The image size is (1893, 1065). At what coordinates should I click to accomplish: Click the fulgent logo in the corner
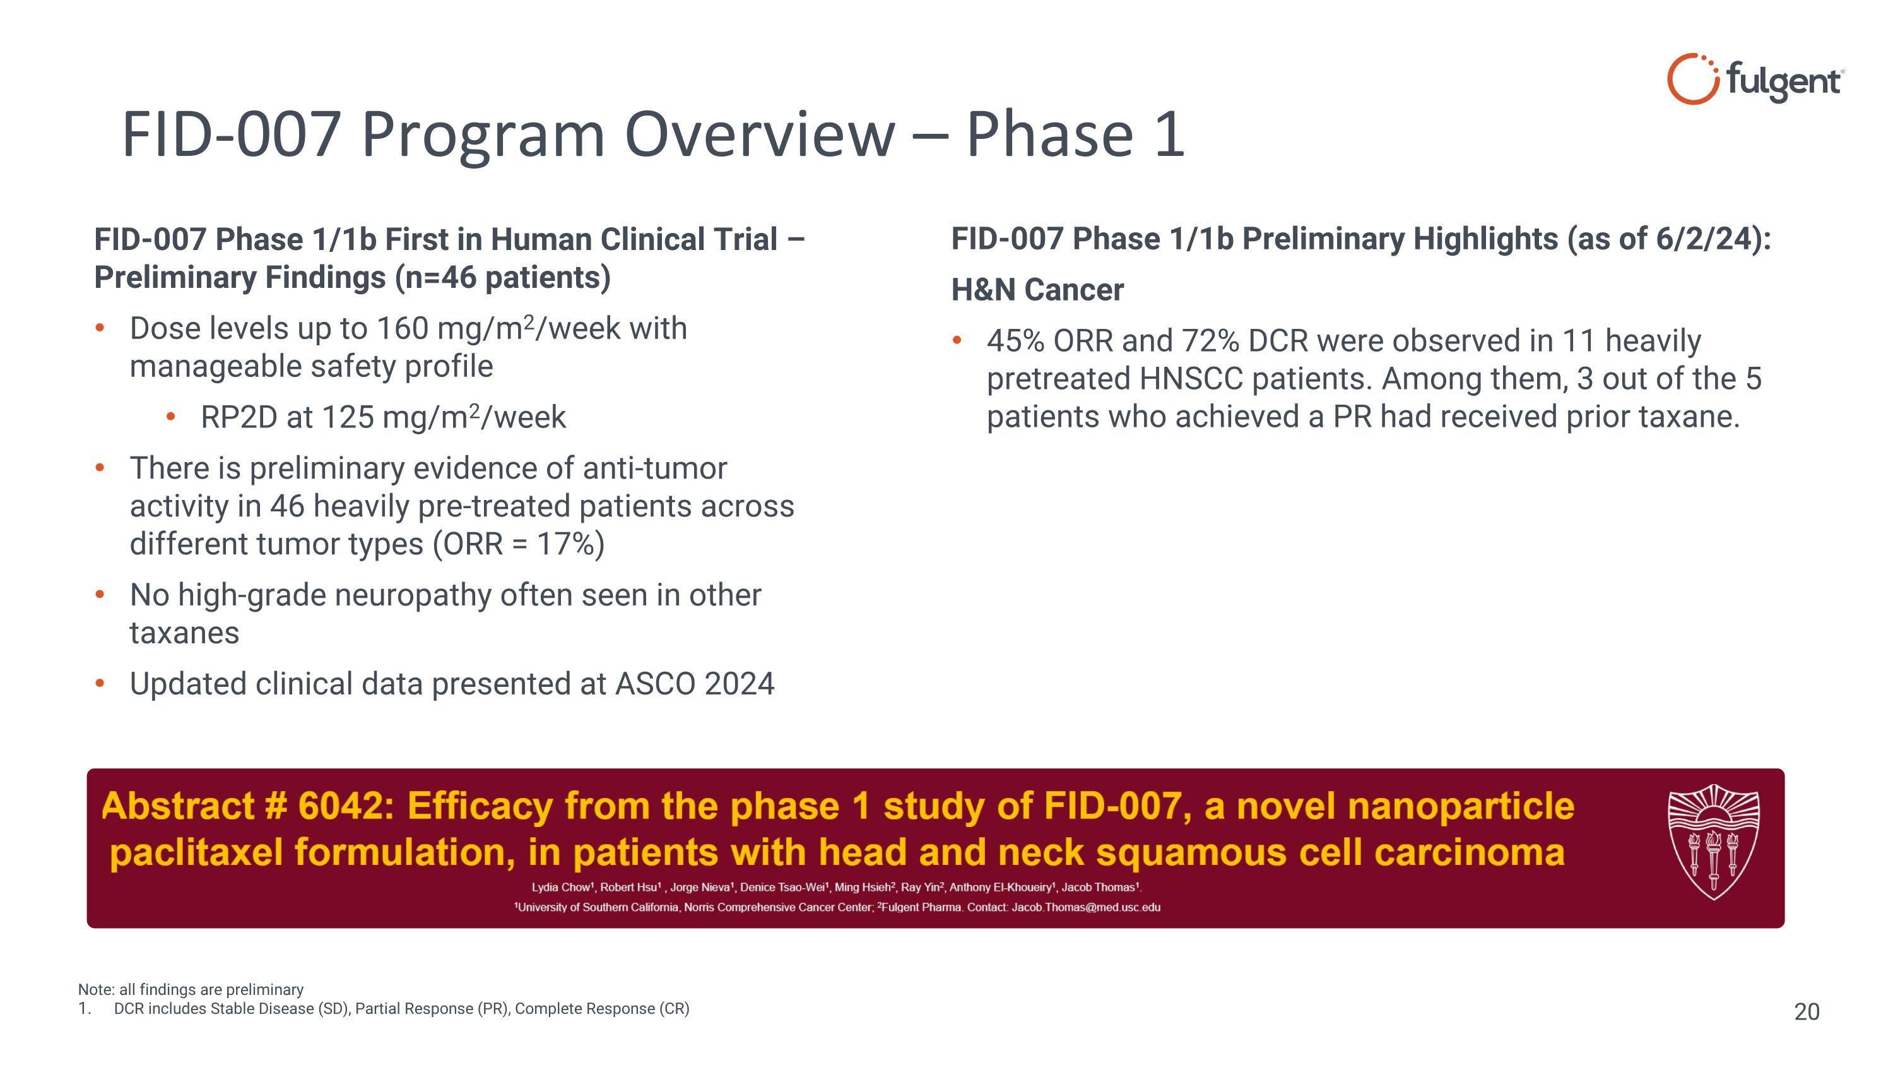click(x=1755, y=80)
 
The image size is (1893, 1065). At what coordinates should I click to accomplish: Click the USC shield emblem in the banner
click(x=1713, y=842)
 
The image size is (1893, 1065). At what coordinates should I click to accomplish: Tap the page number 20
click(x=1807, y=1012)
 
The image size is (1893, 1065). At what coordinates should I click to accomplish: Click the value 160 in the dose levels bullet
click(x=402, y=328)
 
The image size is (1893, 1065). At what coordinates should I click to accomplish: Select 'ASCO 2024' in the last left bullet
click(x=695, y=684)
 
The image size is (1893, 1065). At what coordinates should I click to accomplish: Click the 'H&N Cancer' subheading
click(x=1037, y=290)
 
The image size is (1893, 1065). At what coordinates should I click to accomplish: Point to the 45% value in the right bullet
click(x=1015, y=341)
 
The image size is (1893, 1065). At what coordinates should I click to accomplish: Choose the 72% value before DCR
click(x=1210, y=341)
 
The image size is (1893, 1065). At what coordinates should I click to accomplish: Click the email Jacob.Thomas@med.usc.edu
click(x=1086, y=908)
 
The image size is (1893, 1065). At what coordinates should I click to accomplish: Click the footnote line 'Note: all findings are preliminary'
click(x=191, y=990)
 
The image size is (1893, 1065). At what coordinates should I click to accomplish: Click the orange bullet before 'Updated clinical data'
click(x=100, y=684)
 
